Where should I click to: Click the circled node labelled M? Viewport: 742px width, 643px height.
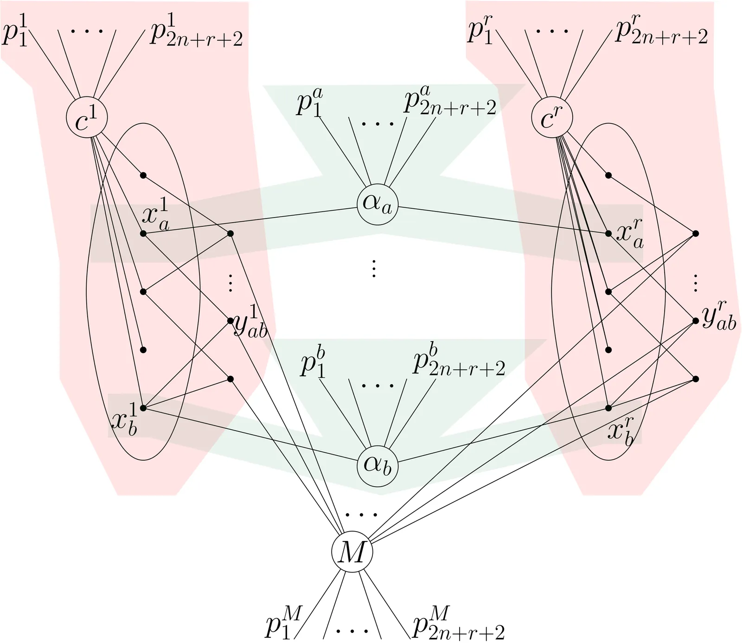coord(352,552)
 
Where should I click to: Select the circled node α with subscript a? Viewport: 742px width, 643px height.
coord(377,205)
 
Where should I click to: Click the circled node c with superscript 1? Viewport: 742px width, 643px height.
coord(87,117)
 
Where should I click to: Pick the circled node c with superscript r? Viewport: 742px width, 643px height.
coord(551,117)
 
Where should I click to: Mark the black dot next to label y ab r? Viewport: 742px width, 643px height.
coord(695,320)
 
